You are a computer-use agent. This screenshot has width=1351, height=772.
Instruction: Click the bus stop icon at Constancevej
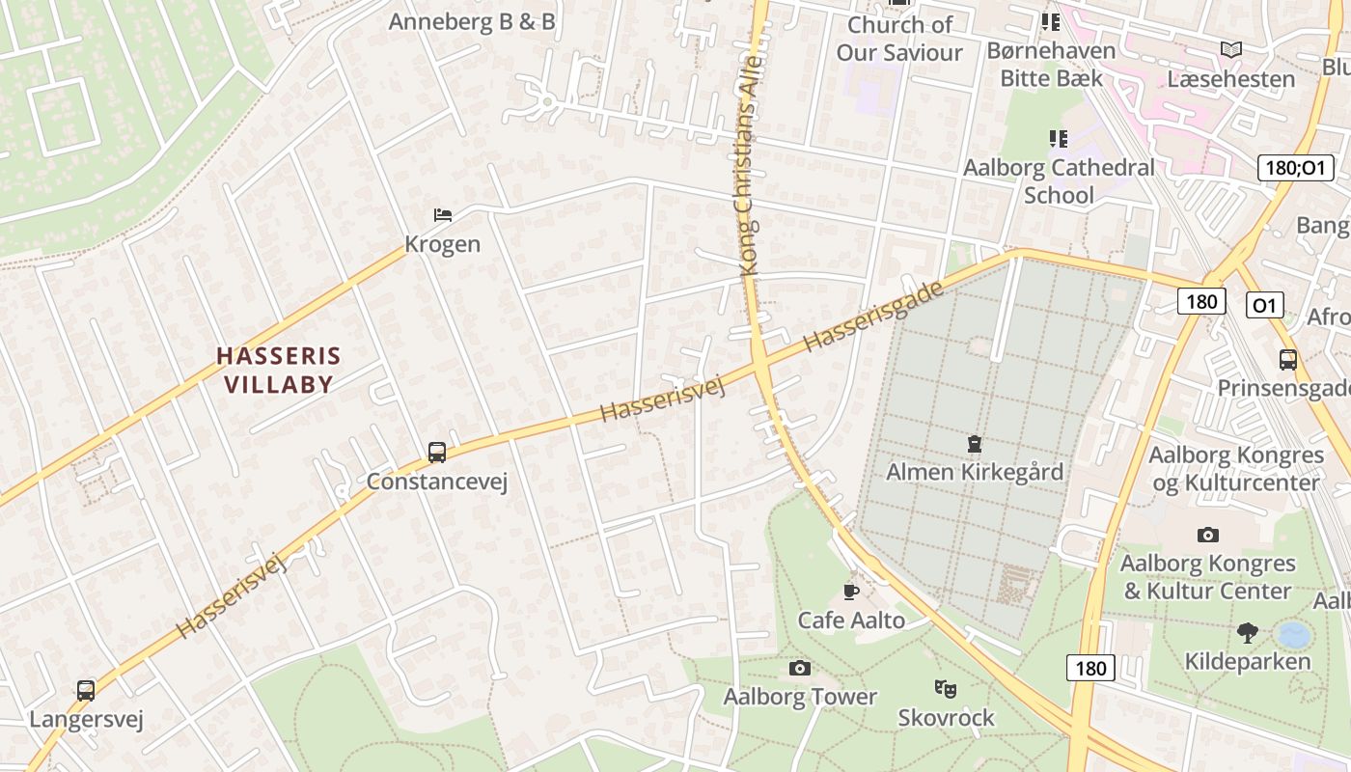(x=437, y=452)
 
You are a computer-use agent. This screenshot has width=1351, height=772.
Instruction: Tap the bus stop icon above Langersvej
(x=86, y=691)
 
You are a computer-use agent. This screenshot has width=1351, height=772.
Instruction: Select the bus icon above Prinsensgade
(x=1287, y=360)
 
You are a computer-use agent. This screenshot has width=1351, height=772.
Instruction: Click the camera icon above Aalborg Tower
(x=799, y=668)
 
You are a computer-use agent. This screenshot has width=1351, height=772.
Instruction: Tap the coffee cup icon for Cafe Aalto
(x=850, y=592)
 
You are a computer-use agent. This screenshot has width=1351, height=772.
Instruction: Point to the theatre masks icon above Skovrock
(x=945, y=689)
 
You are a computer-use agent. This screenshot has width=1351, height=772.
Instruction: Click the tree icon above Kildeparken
(x=1247, y=633)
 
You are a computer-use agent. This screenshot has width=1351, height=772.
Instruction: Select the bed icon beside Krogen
(x=442, y=214)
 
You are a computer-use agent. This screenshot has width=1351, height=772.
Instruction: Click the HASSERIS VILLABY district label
(x=279, y=370)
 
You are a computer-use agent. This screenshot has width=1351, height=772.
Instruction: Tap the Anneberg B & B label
(x=472, y=21)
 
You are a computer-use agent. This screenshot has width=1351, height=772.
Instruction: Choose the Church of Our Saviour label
(x=899, y=39)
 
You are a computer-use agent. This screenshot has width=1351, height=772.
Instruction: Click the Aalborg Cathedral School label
(x=1059, y=180)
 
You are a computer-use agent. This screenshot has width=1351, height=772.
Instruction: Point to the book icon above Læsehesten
(x=1230, y=49)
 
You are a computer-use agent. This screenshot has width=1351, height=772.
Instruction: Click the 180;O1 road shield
(x=1296, y=167)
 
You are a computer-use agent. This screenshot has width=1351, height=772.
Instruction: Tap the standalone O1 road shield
(x=1264, y=306)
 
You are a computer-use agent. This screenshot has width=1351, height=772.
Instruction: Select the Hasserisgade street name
(x=872, y=317)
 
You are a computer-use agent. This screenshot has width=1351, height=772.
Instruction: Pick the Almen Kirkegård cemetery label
(x=975, y=472)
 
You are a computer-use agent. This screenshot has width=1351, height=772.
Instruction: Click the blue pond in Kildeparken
(x=1293, y=635)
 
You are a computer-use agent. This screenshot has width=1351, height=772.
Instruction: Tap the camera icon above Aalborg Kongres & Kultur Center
(x=1207, y=535)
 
